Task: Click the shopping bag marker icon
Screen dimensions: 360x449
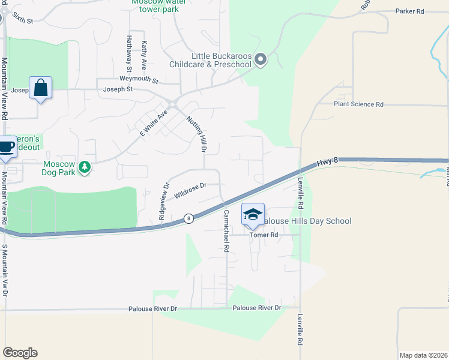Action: click(x=40, y=88)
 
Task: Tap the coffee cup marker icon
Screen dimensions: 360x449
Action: click(x=7, y=146)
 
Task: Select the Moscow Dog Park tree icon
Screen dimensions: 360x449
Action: click(x=85, y=167)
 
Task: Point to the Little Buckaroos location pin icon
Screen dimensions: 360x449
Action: click(x=261, y=59)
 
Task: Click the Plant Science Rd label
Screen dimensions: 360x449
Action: click(x=358, y=104)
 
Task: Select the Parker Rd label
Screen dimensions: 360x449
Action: click(x=409, y=11)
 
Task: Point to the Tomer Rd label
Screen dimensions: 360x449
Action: click(x=265, y=235)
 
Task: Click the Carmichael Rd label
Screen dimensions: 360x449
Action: click(x=226, y=230)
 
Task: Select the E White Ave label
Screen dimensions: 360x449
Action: click(x=154, y=124)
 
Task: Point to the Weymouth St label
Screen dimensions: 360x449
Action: click(x=138, y=80)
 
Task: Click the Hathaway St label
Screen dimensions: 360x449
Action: click(x=128, y=52)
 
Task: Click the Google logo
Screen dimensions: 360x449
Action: click(x=20, y=353)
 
